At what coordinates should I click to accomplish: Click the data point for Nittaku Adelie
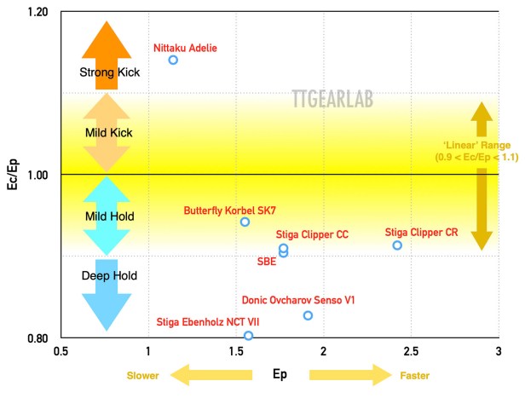(173, 60)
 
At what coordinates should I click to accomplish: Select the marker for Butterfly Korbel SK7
(245, 222)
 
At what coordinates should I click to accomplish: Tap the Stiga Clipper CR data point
(397, 245)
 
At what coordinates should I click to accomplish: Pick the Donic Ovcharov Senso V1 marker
(308, 315)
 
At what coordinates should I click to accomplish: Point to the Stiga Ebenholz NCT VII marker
(248, 336)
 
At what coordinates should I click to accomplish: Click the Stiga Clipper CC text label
(312, 234)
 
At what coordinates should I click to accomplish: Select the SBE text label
(267, 261)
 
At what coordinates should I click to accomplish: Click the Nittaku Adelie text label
(185, 48)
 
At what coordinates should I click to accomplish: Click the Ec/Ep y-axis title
(13, 175)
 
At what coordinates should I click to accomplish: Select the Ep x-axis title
(279, 374)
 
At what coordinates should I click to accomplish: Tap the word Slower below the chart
(142, 375)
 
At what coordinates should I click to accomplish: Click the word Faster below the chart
(414, 375)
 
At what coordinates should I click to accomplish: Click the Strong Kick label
(109, 72)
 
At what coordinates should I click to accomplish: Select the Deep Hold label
(109, 276)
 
